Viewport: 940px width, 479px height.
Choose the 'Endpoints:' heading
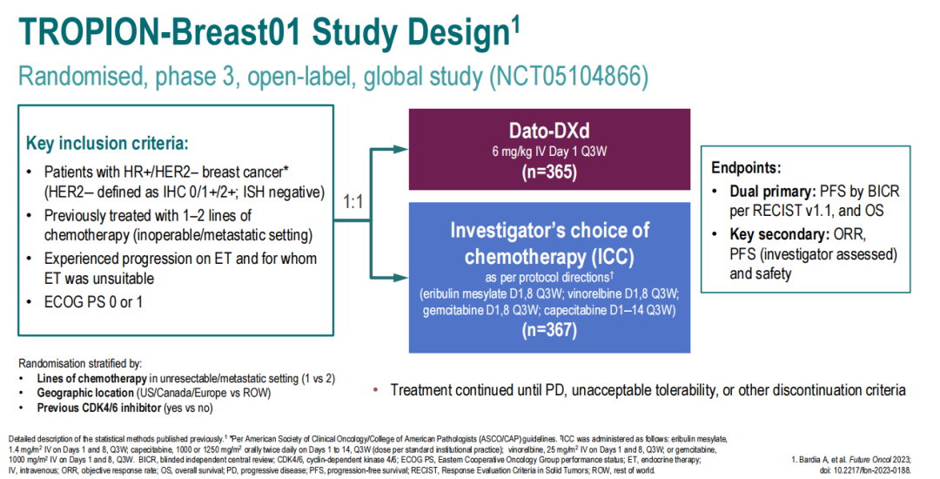(746, 168)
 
